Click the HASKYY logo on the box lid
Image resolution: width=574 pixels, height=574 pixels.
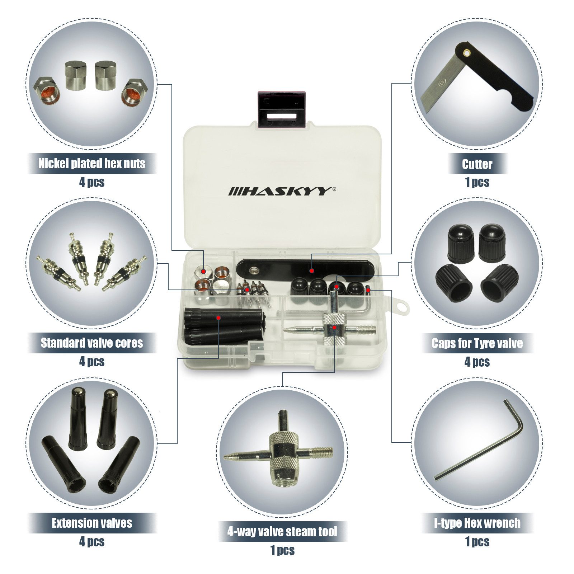(x=282, y=191)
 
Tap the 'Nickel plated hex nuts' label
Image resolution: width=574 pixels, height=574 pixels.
(x=92, y=164)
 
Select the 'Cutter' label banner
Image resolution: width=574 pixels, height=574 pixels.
(x=477, y=164)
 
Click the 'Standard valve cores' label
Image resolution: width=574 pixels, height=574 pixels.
(x=92, y=343)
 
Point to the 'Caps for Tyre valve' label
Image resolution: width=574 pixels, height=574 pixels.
(x=477, y=343)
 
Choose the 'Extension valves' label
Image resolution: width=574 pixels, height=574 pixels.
(x=92, y=523)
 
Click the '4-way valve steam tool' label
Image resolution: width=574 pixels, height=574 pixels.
(x=282, y=532)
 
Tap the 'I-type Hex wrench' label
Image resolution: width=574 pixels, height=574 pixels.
(x=477, y=523)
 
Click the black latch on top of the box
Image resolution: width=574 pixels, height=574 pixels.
(x=282, y=109)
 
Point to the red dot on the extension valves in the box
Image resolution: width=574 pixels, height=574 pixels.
(x=218, y=317)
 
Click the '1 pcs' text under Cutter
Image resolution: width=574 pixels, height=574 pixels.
(x=477, y=182)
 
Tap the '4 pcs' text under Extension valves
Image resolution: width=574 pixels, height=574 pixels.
(x=92, y=541)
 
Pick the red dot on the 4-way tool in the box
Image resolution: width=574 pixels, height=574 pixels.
(x=334, y=327)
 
